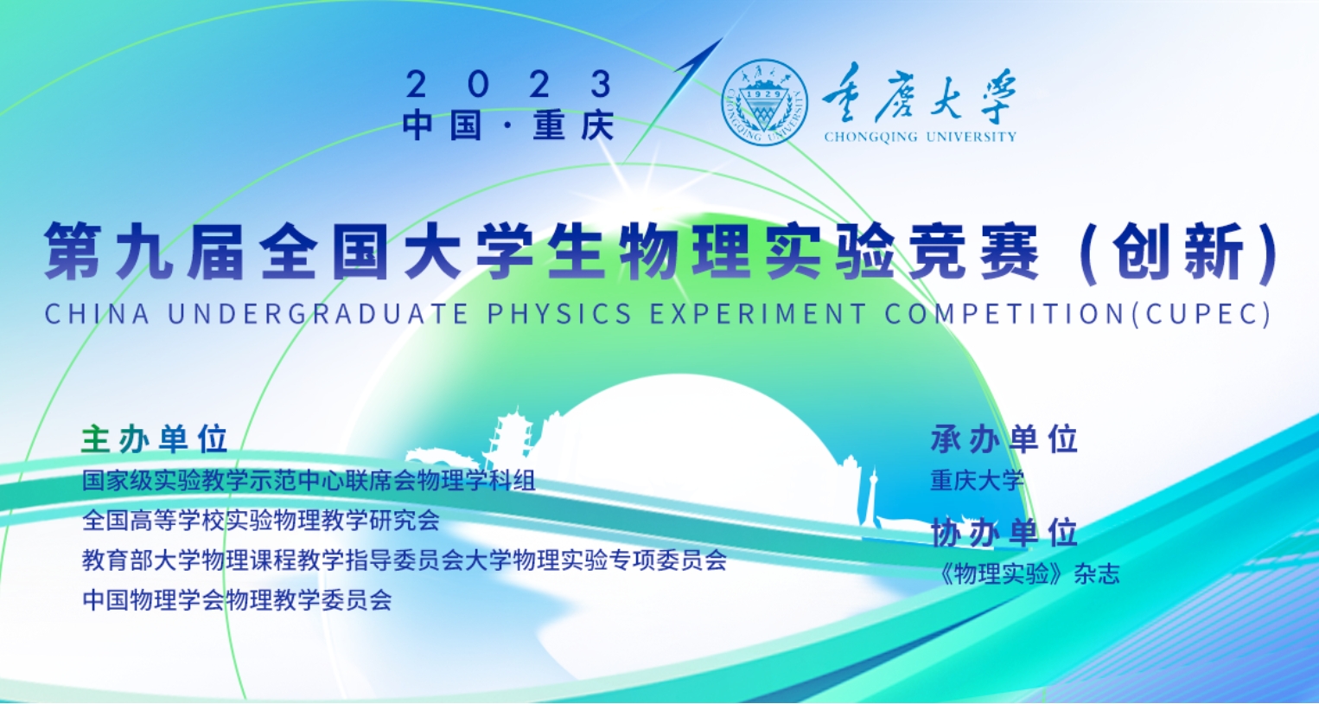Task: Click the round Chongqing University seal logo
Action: [765, 103]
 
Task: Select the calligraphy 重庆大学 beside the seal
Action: [920, 95]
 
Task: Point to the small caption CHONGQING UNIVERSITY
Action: [921, 137]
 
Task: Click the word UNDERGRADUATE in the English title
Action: [318, 313]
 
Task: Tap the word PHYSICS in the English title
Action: [559, 313]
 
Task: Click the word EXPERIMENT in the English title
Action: [758, 313]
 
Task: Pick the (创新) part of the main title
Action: [1179, 253]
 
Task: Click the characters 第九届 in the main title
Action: [144, 251]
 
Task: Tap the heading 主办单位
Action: [155, 439]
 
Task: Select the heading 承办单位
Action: [1004, 439]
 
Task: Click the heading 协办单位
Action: [1004, 533]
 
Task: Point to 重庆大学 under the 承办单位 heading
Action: [978, 481]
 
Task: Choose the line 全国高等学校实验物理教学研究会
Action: [261, 520]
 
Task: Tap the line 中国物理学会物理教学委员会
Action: [238, 600]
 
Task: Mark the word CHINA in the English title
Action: [97, 313]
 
